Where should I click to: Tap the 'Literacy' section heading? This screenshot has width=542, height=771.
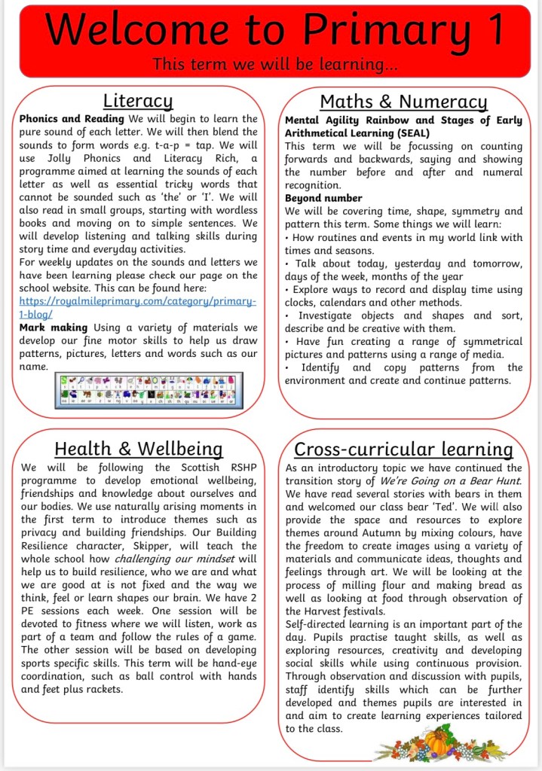click(x=138, y=101)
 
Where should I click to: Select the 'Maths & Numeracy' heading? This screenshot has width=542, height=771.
click(x=403, y=102)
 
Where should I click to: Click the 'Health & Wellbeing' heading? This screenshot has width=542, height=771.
click(x=138, y=449)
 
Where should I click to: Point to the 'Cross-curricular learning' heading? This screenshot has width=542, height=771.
click(x=403, y=450)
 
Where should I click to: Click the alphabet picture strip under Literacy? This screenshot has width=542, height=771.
click(x=149, y=389)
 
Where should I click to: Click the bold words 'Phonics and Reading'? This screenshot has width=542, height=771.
click(x=72, y=119)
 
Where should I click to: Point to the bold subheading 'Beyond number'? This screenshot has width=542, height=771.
click(x=323, y=198)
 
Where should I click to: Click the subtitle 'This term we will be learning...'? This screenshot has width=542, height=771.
click(x=274, y=65)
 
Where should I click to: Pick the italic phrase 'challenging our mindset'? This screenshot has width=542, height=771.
click(x=173, y=559)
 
